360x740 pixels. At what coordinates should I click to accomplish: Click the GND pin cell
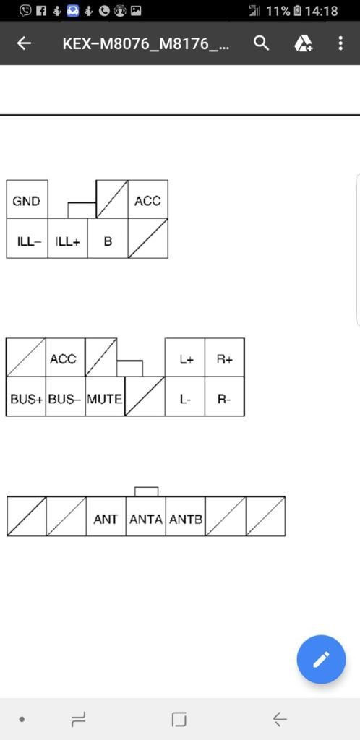[27, 199]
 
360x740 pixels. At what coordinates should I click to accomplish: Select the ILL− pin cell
[27, 238]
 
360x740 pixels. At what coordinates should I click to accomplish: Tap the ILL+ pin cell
[67, 238]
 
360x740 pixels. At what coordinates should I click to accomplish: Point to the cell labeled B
[108, 238]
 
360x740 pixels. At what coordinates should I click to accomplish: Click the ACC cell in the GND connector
[148, 199]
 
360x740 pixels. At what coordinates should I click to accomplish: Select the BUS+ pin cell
[26, 397]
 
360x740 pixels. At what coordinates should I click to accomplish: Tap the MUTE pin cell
[106, 397]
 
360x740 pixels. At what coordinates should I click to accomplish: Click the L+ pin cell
[185, 357]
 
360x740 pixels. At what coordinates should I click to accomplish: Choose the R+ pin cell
[225, 357]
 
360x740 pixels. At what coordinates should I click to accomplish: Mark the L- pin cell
[185, 397]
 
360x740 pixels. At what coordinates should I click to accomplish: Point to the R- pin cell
[225, 397]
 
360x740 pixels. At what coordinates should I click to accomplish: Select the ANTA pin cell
[146, 516]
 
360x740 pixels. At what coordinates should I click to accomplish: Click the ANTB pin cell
[186, 516]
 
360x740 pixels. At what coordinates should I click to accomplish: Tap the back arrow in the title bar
[24, 43]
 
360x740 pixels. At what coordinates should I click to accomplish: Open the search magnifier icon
[262, 43]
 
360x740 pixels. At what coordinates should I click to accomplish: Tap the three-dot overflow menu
[340, 43]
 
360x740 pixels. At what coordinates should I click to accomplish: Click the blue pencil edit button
[321, 659]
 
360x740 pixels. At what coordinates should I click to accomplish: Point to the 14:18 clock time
[321, 10]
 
